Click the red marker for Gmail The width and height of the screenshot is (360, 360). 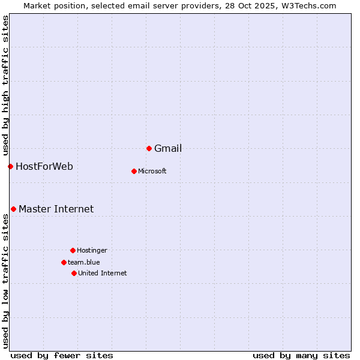[x=149, y=148]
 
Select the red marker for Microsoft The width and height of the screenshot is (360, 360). [x=134, y=171]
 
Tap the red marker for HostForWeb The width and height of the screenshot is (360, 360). [x=10, y=166]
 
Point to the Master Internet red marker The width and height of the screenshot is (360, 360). [x=13, y=209]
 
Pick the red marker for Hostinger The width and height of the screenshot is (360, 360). [x=73, y=250]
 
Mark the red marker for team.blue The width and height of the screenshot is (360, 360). [x=64, y=262]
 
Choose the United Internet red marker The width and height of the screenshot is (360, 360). [x=74, y=273]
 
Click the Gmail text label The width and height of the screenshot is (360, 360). [x=168, y=149]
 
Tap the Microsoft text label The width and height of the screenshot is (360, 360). [x=152, y=172]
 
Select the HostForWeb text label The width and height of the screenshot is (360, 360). [x=44, y=167]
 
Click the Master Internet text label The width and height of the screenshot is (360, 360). [x=56, y=209]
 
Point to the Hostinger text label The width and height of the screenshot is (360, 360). [x=92, y=251]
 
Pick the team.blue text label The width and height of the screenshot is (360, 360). [x=84, y=263]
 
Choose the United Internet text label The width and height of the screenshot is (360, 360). [x=103, y=274]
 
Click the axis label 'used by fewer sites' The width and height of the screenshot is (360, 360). [x=62, y=356]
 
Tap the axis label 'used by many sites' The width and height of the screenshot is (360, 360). [x=301, y=356]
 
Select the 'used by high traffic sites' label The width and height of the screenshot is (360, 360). [x=6, y=86]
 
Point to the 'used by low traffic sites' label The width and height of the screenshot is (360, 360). [x=6, y=281]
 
